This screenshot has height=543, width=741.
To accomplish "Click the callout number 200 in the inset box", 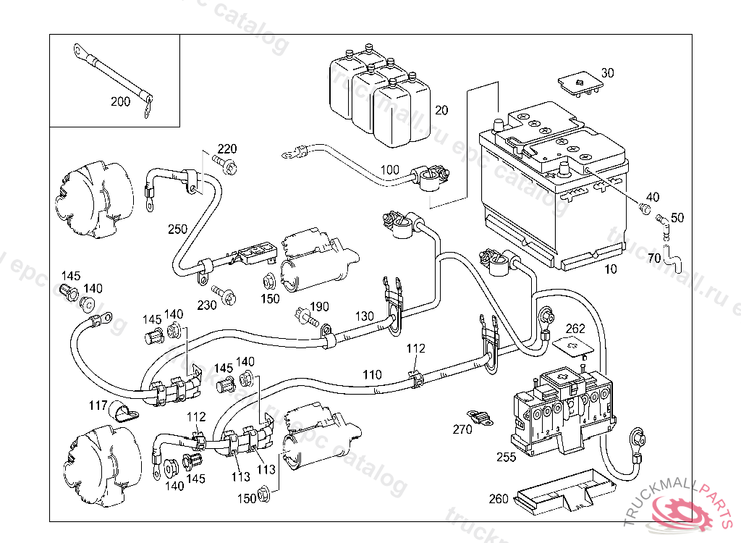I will click(120, 101).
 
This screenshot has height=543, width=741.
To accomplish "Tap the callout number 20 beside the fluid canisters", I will click(441, 111).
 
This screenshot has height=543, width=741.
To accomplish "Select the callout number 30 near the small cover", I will click(607, 73).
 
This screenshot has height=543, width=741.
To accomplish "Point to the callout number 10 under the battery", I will click(611, 269).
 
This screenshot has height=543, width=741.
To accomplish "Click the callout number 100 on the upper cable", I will click(389, 170).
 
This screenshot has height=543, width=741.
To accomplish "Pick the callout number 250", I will click(177, 230).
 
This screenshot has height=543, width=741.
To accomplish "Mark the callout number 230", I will click(207, 306).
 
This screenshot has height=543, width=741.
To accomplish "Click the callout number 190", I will click(320, 307).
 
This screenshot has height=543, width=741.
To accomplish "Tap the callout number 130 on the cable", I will click(365, 316).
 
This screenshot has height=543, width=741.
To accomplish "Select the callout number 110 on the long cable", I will click(372, 375).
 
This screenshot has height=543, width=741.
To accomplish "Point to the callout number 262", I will click(575, 329).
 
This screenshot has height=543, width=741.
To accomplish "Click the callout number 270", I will click(462, 429).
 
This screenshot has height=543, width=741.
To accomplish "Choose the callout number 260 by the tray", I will click(499, 498).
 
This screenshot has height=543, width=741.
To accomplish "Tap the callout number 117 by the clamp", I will click(98, 405).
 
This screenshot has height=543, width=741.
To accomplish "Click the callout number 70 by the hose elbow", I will click(654, 258).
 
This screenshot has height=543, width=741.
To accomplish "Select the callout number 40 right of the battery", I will click(653, 197).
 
